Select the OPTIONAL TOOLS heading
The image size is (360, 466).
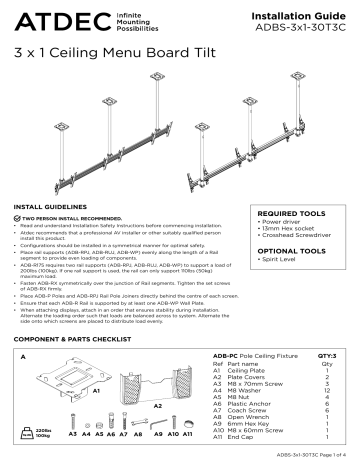click(x=290, y=251)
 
